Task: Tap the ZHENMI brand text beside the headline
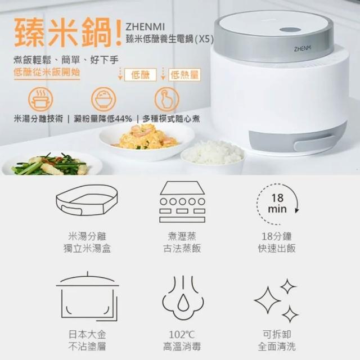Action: point(145,27)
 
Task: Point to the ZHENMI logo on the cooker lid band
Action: point(303,48)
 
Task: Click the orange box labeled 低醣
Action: point(140,75)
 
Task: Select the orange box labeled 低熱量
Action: point(184,75)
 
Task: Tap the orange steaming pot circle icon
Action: point(40,99)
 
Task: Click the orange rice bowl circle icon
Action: point(103,99)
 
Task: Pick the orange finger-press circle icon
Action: point(166,99)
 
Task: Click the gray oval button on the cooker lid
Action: point(290,30)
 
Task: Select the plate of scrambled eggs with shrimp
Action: point(146,141)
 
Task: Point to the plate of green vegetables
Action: point(52,164)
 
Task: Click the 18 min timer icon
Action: point(277,204)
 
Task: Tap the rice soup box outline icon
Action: point(87,200)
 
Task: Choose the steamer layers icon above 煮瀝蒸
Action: point(182,202)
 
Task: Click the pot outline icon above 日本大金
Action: point(88,296)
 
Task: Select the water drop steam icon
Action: point(183,298)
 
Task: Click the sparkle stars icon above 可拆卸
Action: point(276,300)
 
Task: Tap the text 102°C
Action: point(182,335)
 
